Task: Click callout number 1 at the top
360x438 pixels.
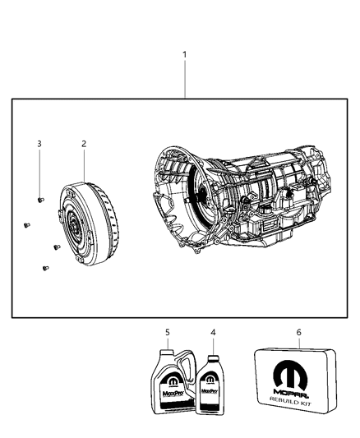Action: pos(185,55)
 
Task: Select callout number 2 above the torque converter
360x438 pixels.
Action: pos(83,144)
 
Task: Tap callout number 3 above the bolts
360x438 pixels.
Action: pos(39,144)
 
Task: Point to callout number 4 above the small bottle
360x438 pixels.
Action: pos(213,333)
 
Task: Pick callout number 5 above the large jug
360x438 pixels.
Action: pos(167,333)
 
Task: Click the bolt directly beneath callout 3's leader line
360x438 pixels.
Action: pos(39,198)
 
